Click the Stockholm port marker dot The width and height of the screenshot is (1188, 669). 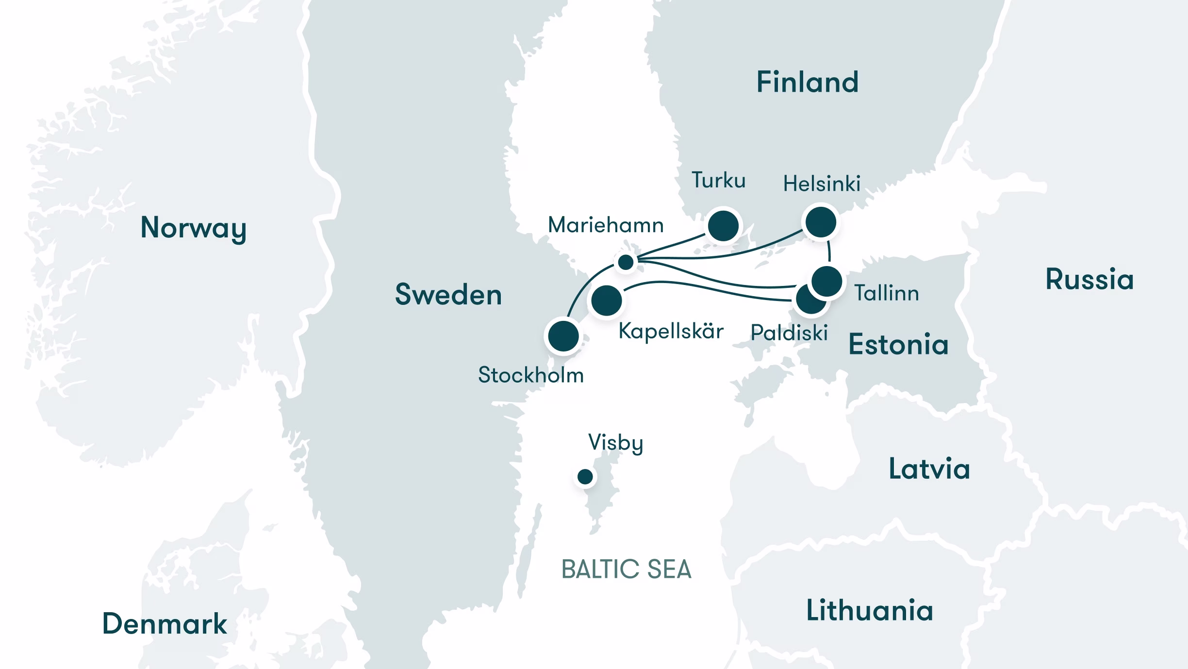(563, 335)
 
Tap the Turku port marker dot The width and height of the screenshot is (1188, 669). (723, 226)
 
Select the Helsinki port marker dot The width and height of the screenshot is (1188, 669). (821, 222)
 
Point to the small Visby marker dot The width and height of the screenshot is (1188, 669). (585, 477)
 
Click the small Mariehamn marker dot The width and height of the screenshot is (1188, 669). (626, 262)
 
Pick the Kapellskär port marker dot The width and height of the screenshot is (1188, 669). (607, 301)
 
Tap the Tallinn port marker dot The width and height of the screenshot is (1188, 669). (826, 281)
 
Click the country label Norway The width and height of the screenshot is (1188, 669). (193, 227)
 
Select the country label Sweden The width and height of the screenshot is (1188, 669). (448, 295)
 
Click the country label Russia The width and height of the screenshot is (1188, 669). (1089, 280)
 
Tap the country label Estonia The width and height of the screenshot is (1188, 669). (898, 345)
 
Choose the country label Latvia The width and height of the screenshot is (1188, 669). (929, 469)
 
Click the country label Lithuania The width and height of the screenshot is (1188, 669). (869, 610)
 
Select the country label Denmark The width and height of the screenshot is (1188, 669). (165, 624)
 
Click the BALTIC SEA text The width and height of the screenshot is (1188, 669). (626, 569)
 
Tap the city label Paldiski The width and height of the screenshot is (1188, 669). (789, 333)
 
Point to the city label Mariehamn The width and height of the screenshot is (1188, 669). (605, 225)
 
